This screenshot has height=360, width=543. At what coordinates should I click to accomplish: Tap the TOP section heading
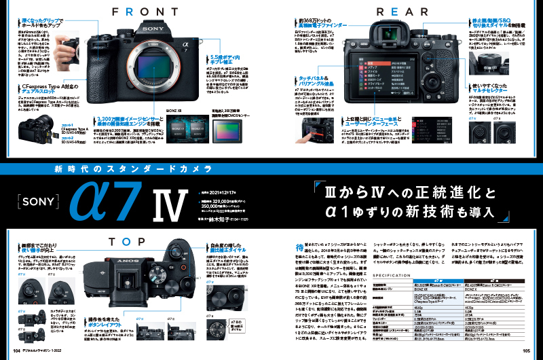[134, 240]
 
